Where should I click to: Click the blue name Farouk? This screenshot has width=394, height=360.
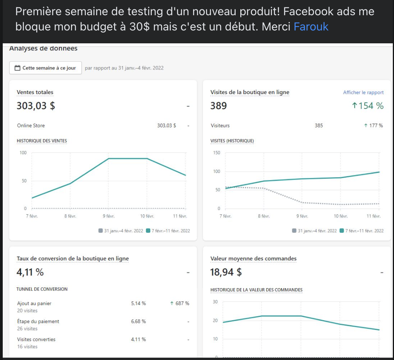(x=311, y=27)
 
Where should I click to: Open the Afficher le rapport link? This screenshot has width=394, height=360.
(x=363, y=93)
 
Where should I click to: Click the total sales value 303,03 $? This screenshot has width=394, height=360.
(x=36, y=106)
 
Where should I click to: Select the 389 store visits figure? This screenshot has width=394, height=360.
(x=218, y=106)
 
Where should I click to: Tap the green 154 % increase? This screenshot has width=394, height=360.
(x=368, y=106)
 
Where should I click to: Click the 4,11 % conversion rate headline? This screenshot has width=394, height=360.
(x=30, y=272)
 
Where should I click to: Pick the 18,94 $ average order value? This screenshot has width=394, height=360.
(x=226, y=272)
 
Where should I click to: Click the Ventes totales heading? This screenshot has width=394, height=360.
(x=35, y=93)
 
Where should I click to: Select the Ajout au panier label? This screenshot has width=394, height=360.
(x=34, y=303)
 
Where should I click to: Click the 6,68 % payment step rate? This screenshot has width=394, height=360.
(x=138, y=321)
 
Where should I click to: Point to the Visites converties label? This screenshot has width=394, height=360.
(x=36, y=339)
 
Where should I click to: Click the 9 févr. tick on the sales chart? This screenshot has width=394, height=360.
(x=108, y=216)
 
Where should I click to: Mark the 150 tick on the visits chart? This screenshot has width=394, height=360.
(x=217, y=153)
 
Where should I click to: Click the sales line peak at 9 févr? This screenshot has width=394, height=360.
(x=108, y=159)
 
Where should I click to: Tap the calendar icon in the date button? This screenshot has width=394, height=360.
(x=17, y=68)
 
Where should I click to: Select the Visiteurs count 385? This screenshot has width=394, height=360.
(x=319, y=126)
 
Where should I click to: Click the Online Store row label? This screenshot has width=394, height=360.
(x=31, y=126)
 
